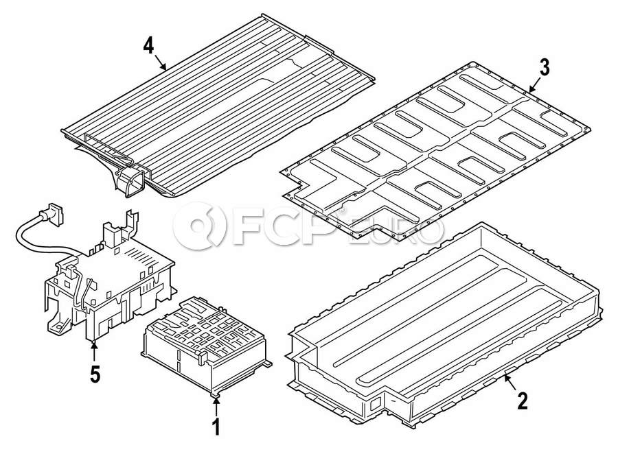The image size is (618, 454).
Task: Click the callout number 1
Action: pos(216,427)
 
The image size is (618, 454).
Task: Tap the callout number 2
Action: pos(522,401)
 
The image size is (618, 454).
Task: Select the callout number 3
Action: pos(545,68)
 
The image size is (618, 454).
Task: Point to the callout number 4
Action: pos(148,46)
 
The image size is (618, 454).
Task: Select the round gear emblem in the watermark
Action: pos(200,226)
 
